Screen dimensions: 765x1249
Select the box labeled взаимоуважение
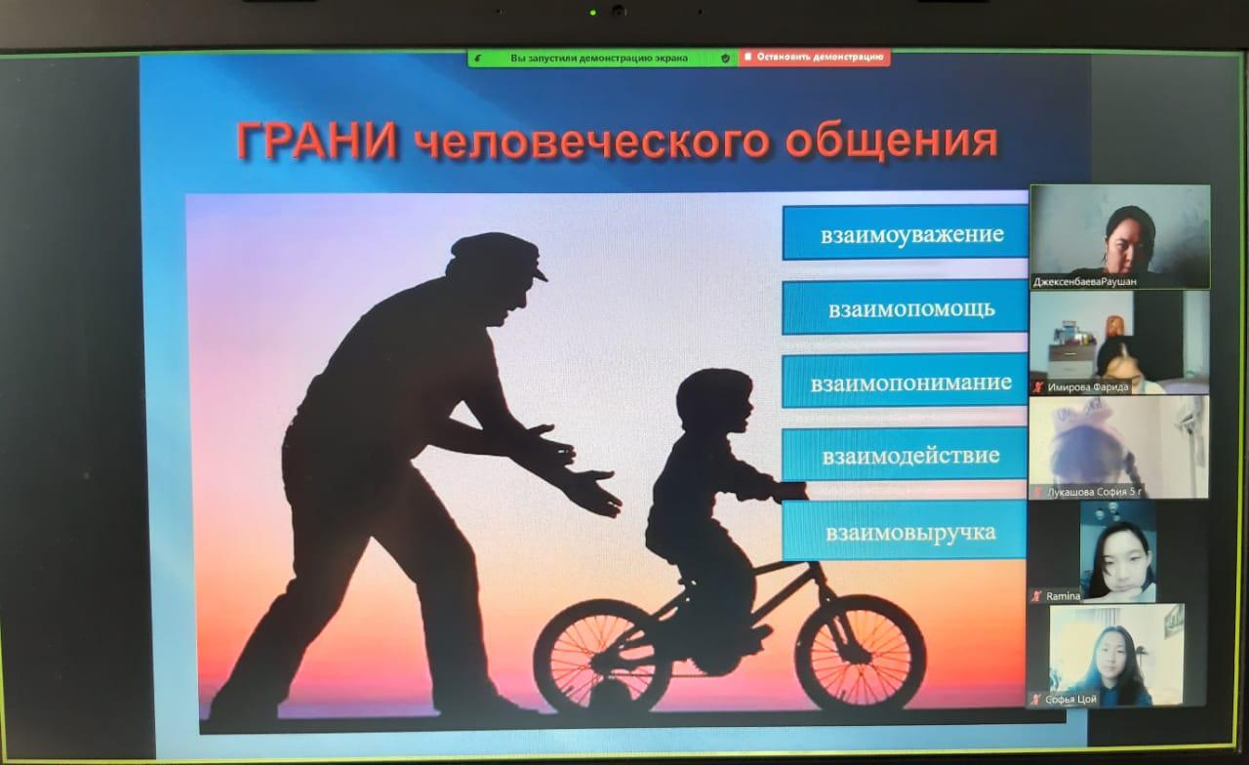[x=905, y=234]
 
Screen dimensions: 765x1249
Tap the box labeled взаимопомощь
[x=905, y=308]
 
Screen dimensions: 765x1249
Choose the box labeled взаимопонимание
[x=905, y=382]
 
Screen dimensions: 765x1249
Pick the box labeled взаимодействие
[x=905, y=455]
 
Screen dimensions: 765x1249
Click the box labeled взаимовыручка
[x=905, y=532]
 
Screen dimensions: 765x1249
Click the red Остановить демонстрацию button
[x=814, y=58]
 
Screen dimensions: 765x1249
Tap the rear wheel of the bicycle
[x=602, y=656]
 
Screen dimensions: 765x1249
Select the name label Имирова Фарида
[x=1087, y=387]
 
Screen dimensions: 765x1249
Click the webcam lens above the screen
[x=618, y=12]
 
